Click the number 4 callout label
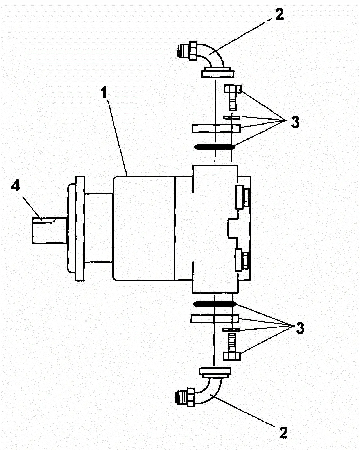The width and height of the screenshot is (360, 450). click(x=16, y=186)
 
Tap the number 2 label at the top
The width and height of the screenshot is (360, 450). click(x=279, y=14)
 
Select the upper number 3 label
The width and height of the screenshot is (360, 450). click(x=295, y=122)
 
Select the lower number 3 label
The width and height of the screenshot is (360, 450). click(x=300, y=328)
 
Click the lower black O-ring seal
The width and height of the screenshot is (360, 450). click(x=215, y=303)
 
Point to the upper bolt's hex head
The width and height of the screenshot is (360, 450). click(x=233, y=89)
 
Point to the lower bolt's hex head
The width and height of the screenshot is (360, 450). click(x=232, y=356)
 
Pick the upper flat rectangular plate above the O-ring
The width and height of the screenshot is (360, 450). click(x=216, y=128)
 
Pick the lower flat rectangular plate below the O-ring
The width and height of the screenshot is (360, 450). click(x=215, y=319)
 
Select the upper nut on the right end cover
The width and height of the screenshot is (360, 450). click(x=246, y=197)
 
